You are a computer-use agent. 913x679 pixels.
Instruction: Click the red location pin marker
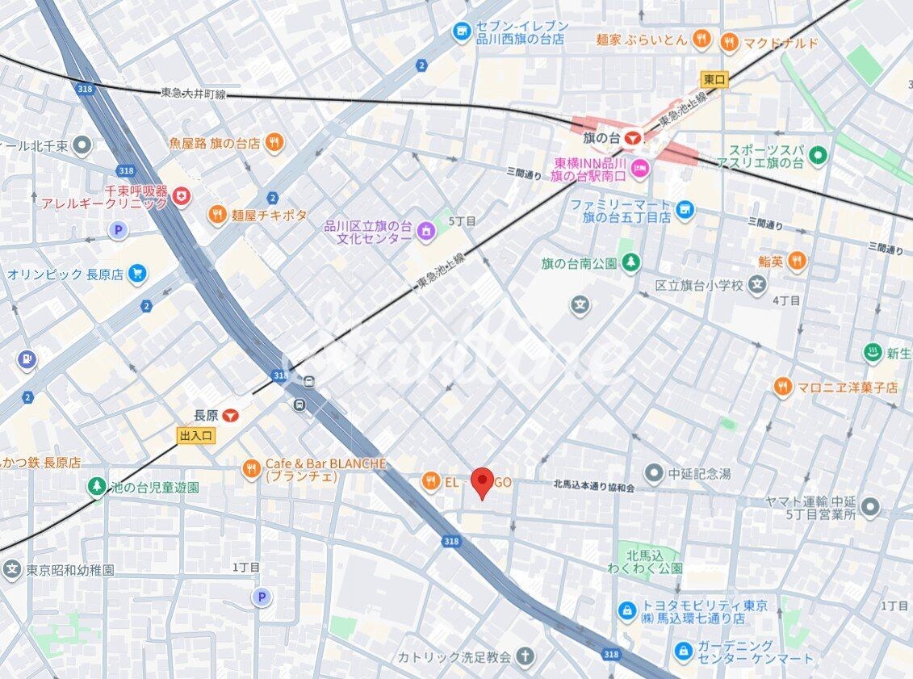pyautogui.click(x=482, y=482)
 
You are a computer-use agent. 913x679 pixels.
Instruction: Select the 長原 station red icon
pyautogui.click(x=231, y=416)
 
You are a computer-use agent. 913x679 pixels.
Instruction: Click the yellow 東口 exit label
pyautogui.click(x=714, y=78)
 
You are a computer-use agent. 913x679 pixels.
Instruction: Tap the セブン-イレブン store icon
pyautogui.click(x=461, y=31)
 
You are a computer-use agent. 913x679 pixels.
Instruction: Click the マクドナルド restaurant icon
pyautogui.click(x=729, y=43)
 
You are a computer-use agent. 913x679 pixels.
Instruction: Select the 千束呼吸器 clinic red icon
pyautogui.click(x=182, y=195)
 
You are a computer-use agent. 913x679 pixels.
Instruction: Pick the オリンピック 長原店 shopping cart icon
pyautogui.click(x=136, y=274)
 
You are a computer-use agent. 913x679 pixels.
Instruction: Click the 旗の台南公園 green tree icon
pyautogui.click(x=630, y=262)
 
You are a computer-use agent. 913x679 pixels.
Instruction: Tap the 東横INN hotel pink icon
pyautogui.click(x=639, y=169)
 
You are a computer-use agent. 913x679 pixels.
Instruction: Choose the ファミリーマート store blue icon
pyautogui.click(x=685, y=212)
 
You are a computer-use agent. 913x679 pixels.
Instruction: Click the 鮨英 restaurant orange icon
pyautogui.click(x=797, y=261)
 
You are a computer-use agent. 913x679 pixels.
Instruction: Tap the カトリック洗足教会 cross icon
pyautogui.click(x=525, y=656)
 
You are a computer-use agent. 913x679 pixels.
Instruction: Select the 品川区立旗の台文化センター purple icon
pyautogui.click(x=425, y=232)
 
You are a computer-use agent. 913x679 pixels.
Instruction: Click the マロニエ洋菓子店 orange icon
pyautogui.click(x=781, y=387)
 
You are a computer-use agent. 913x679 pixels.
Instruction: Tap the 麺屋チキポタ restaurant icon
pyautogui.click(x=217, y=215)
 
